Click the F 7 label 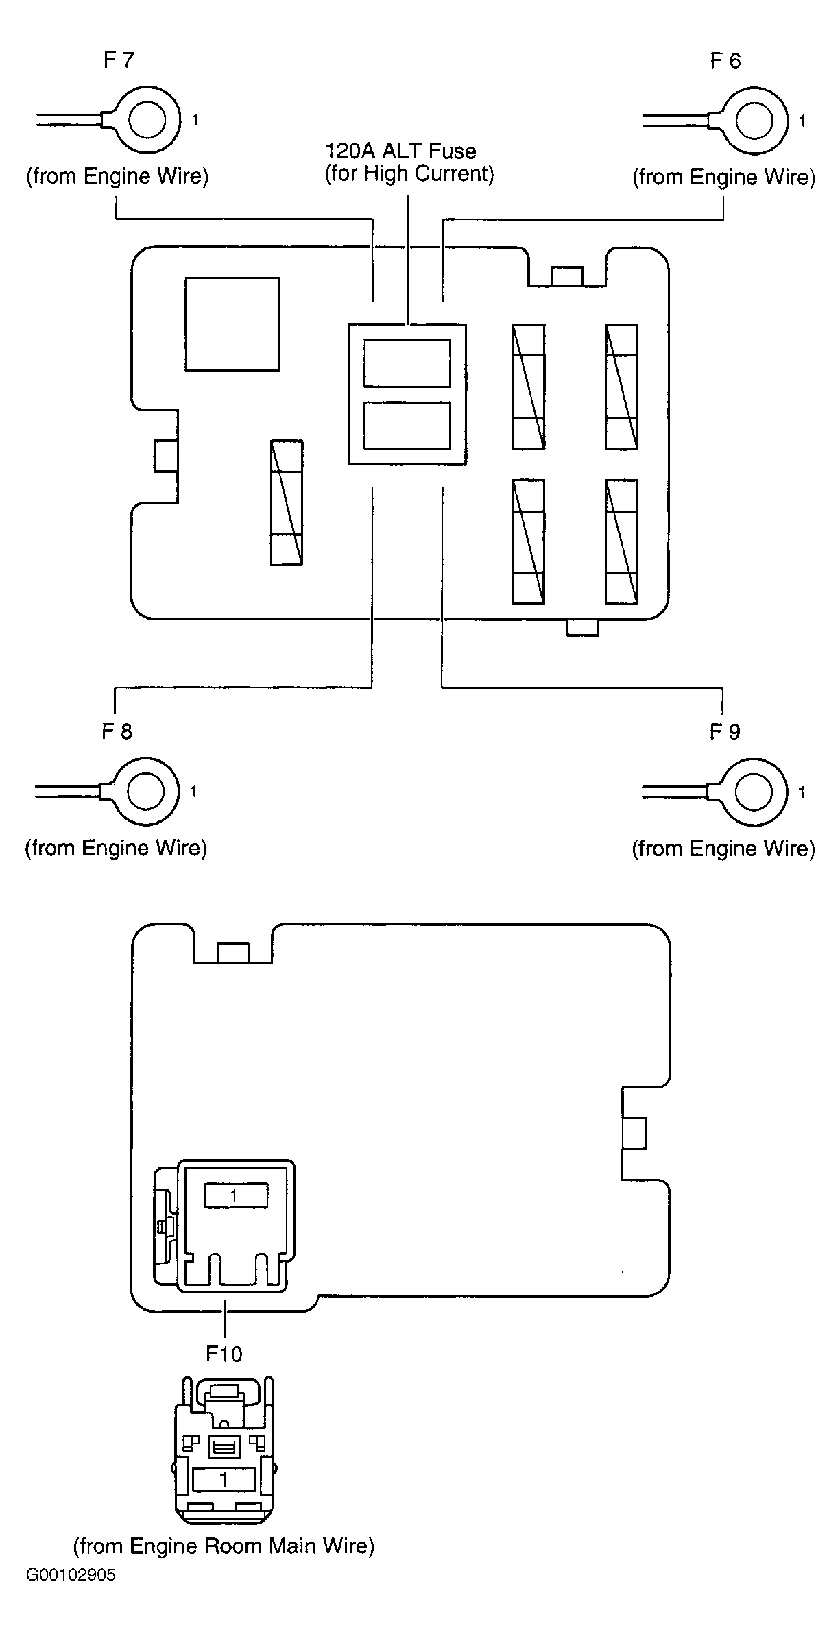[119, 60]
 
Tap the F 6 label [725, 61]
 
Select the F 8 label [117, 731]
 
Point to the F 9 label [725, 732]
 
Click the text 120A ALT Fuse [400, 151]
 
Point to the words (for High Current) [409, 173]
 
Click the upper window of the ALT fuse [407, 363]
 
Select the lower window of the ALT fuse [407, 425]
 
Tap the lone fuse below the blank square [287, 502]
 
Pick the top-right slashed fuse [621, 387]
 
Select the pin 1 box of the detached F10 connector [224, 1480]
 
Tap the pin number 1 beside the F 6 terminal [802, 121]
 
